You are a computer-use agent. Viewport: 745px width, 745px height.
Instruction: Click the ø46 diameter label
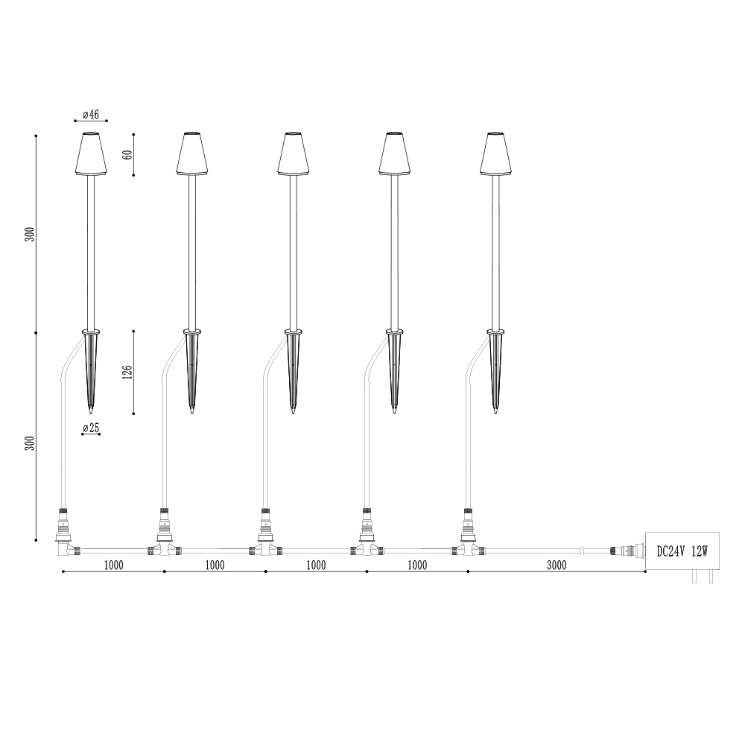point(91,115)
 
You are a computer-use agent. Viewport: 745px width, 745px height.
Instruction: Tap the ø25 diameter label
point(91,428)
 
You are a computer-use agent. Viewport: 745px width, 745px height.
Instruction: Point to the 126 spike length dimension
point(127,372)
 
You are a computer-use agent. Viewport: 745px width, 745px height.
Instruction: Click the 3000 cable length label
point(557,565)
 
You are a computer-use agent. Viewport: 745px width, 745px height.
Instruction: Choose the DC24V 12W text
point(682,551)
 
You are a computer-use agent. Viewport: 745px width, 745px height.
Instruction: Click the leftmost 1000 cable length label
point(113,565)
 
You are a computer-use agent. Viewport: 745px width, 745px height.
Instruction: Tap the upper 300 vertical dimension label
point(30,234)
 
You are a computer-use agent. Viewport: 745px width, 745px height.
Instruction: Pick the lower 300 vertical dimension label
point(30,443)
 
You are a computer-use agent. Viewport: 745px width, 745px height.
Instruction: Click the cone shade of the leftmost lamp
point(91,153)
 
